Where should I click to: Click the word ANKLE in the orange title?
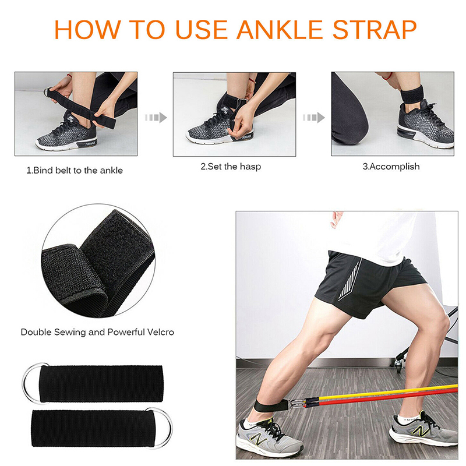pyautogui.click(x=280, y=30)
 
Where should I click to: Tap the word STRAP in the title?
pyautogui.click(x=375, y=30)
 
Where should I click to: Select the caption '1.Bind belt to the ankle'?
pyautogui.click(x=75, y=170)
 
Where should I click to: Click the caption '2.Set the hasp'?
pyautogui.click(x=231, y=167)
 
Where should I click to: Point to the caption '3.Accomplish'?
pyautogui.click(x=391, y=167)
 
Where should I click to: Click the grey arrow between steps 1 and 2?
pyautogui.click(x=156, y=118)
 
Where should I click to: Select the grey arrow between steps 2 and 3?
pyautogui.click(x=314, y=118)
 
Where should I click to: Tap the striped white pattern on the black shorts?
pyautogui.click(x=350, y=280)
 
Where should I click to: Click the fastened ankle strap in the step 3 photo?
pyautogui.click(x=412, y=94)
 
